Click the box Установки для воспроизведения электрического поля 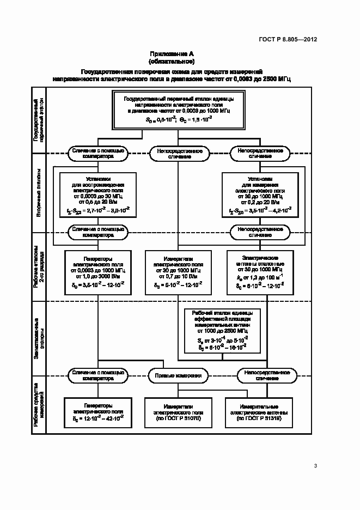[x=97, y=195]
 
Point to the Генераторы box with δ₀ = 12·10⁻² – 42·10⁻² [x=97, y=412]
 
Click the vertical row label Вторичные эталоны [x=40, y=199]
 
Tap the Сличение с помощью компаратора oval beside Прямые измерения [x=97, y=375]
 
